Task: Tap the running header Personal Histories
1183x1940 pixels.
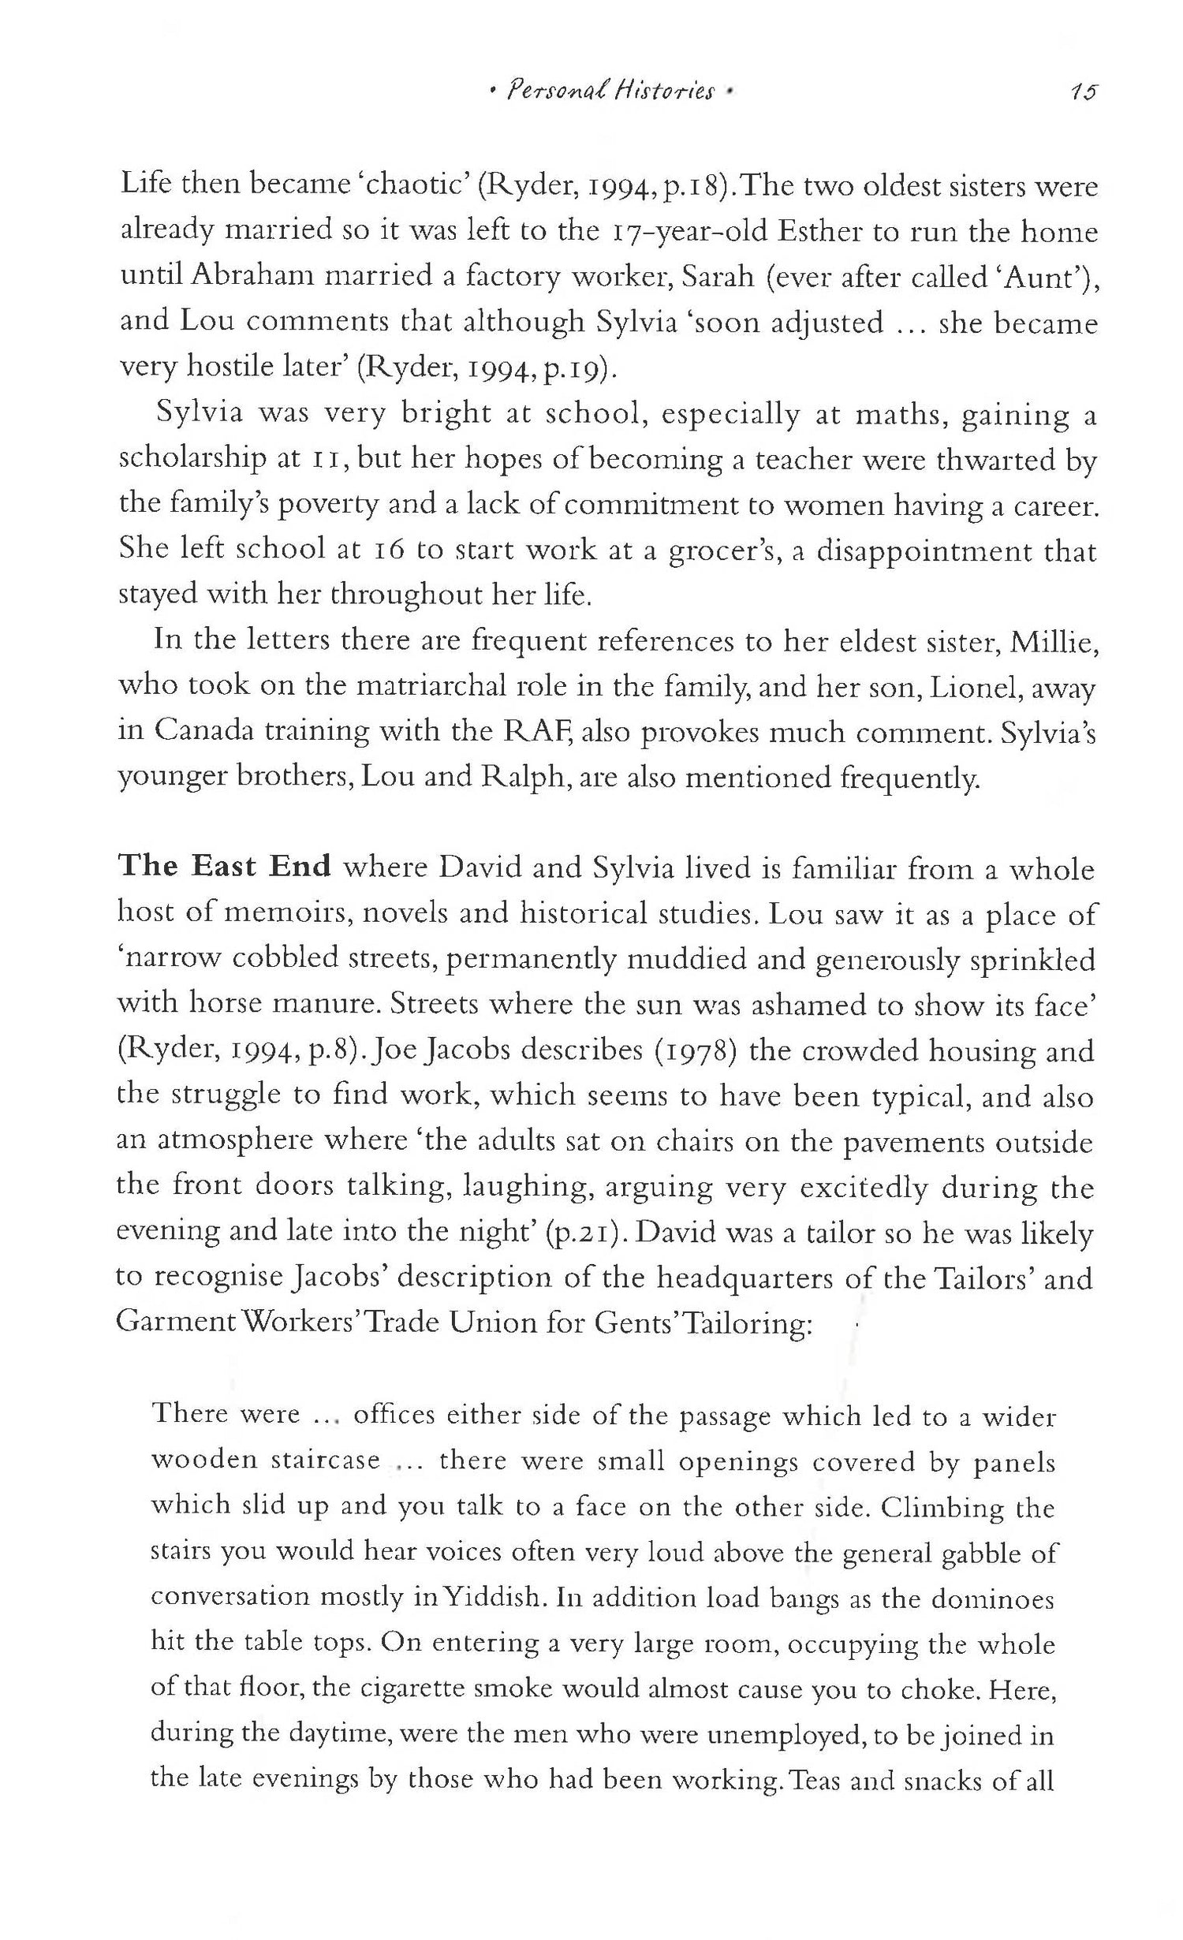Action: (612, 93)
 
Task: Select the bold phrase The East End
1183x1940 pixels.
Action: (224, 867)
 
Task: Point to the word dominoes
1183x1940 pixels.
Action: (993, 1598)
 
